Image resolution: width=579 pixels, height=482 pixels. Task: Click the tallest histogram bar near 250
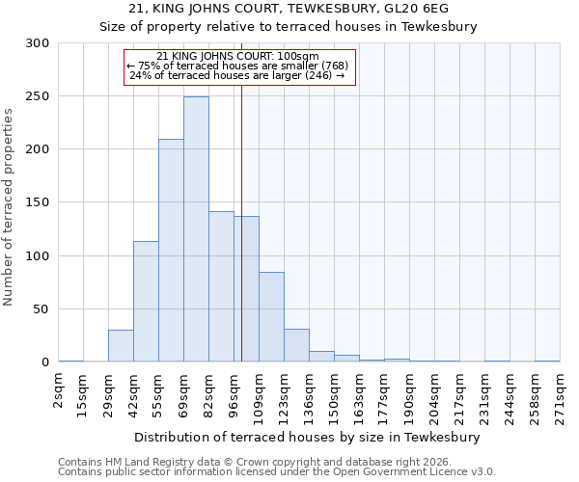[x=196, y=229]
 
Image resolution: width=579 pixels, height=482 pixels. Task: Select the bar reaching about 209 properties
[x=171, y=251]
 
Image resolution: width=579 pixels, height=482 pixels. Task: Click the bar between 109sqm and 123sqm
[x=271, y=317]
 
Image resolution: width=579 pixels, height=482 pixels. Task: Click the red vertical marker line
[x=241, y=193]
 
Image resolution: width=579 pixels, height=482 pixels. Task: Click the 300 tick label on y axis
[x=38, y=43]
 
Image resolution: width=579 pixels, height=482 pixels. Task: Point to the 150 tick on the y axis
[x=38, y=202]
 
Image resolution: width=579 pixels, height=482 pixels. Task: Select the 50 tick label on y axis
[x=41, y=309]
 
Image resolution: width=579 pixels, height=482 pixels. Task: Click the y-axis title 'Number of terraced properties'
[x=9, y=206]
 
